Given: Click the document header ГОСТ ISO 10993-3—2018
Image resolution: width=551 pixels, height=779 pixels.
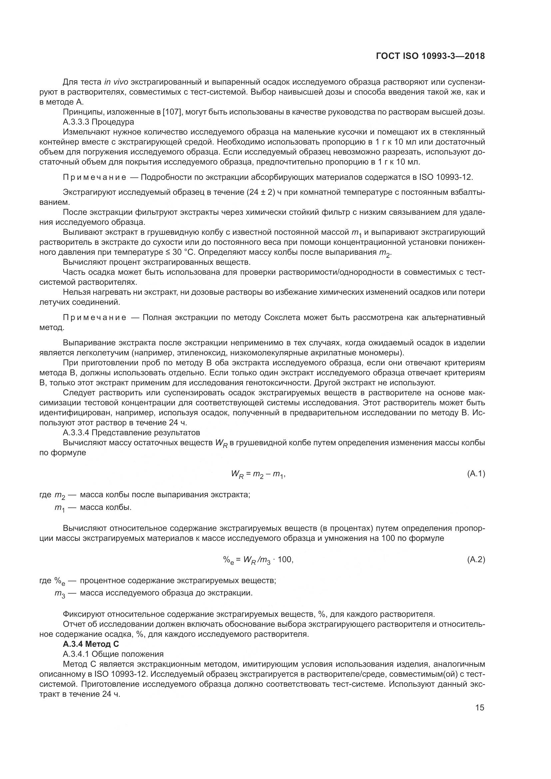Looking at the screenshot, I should point(430,56).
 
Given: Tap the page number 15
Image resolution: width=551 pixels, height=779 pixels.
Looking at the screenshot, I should point(480,708).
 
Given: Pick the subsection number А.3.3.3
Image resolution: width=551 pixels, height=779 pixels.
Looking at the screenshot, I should point(76,122).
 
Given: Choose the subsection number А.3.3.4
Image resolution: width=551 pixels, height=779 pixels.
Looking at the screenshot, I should point(76,433).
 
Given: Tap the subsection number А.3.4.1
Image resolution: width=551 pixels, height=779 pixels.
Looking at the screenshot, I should point(76,654).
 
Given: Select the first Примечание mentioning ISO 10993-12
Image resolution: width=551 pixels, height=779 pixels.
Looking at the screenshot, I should point(95,178).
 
